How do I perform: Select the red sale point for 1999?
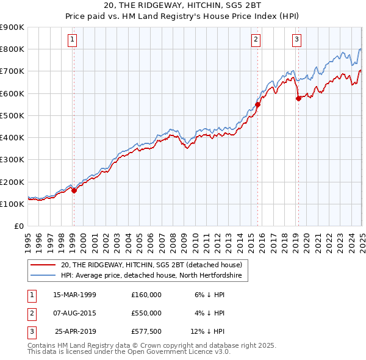(x=74, y=190)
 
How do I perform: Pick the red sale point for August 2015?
(x=257, y=104)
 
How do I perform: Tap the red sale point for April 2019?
(x=298, y=98)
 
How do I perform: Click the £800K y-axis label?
(x=12, y=49)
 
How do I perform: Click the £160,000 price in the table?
(x=146, y=294)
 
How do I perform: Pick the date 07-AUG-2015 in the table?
(x=75, y=313)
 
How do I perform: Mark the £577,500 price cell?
(x=146, y=332)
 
